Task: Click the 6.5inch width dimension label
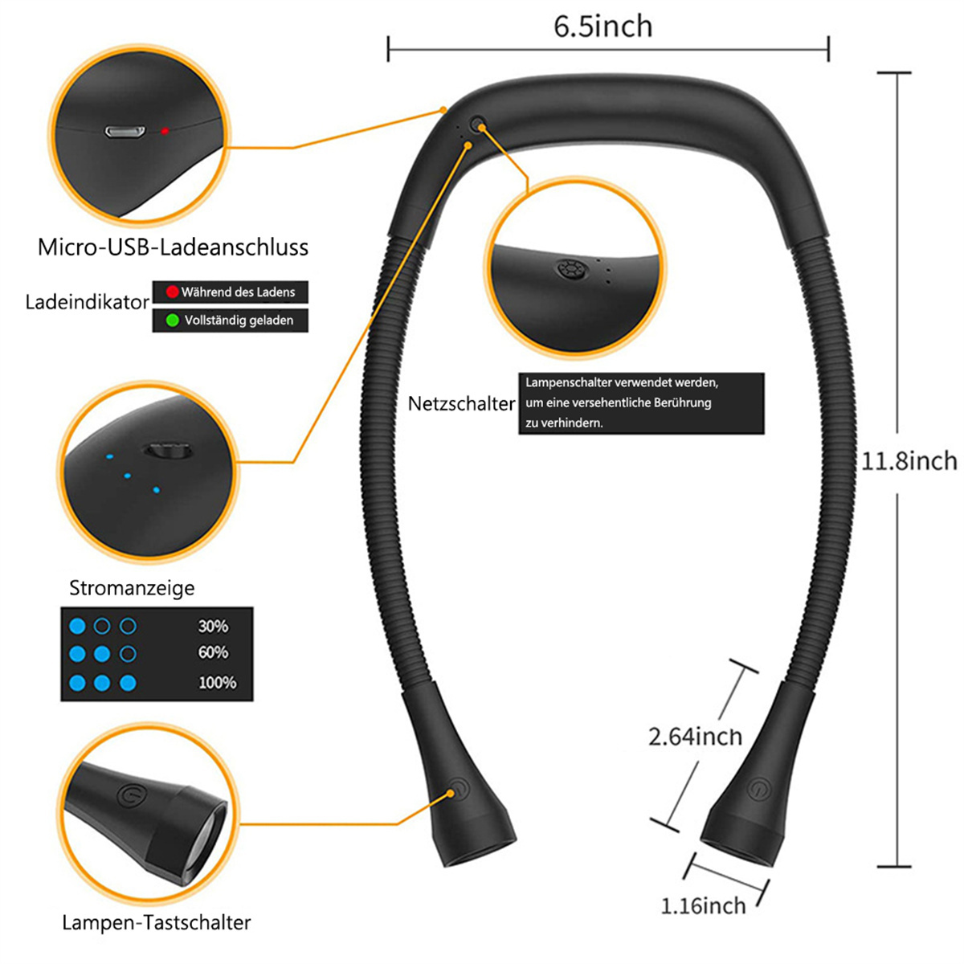point(602,27)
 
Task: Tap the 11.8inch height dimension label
point(909,461)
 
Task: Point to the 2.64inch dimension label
point(695,737)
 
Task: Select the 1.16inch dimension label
point(703,906)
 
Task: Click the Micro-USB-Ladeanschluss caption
point(173,247)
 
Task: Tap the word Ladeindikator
point(88,302)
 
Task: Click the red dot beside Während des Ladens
point(172,292)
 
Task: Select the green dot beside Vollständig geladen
point(172,321)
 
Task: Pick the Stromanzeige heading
point(132,588)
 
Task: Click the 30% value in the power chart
point(213,627)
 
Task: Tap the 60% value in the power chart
point(213,652)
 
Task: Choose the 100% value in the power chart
point(217,683)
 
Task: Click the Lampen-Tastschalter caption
point(156,922)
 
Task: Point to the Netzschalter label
point(461,404)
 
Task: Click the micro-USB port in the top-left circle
point(125,132)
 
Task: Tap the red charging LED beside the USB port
point(165,131)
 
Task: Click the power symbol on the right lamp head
point(759,788)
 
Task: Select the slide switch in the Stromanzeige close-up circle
point(168,450)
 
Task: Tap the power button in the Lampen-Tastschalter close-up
point(131,795)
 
